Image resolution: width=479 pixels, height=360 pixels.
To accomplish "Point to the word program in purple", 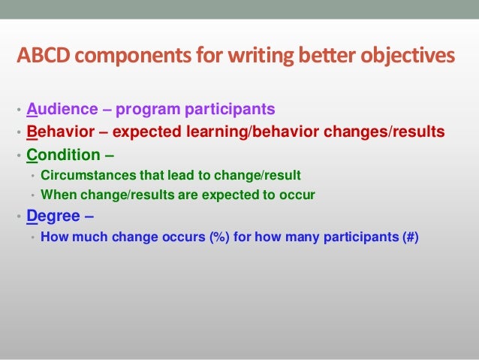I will tap(143, 110).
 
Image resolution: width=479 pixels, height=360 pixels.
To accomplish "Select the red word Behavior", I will tap(59, 133).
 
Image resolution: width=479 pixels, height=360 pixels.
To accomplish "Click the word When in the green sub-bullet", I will tap(57, 195).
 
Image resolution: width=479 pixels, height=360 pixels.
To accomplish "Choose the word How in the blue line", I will tap(53, 237).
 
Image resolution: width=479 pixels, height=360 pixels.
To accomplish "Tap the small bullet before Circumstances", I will tap(32, 176).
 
